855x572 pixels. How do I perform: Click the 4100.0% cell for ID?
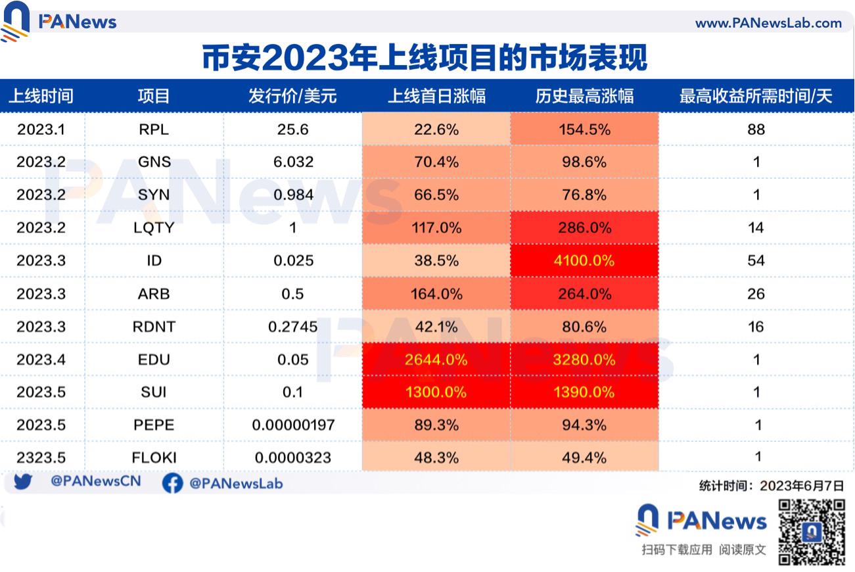click(x=584, y=261)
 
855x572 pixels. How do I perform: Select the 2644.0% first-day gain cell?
click(x=436, y=360)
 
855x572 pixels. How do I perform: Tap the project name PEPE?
click(x=154, y=425)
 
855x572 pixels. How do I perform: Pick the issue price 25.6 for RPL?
click(x=293, y=130)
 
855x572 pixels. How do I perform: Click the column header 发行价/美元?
click(x=292, y=96)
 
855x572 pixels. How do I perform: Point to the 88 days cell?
click(x=756, y=130)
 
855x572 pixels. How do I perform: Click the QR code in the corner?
click(x=811, y=532)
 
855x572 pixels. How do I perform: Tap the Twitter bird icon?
click(x=23, y=483)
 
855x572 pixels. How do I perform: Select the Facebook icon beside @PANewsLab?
click(x=172, y=483)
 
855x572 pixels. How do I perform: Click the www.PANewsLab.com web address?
click(x=768, y=23)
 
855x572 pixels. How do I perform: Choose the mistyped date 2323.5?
click(x=41, y=458)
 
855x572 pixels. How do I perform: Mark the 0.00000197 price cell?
click(x=293, y=425)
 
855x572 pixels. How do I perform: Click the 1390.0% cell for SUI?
click(x=584, y=393)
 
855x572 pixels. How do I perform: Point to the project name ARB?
click(x=154, y=294)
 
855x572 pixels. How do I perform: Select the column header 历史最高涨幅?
click(x=584, y=96)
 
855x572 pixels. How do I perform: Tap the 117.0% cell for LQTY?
click(x=436, y=228)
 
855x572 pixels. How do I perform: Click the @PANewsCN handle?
click(x=96, y=482)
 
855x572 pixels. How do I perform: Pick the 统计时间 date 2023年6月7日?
click(x=801, y=486)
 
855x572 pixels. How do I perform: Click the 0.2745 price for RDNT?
click(x=293, y=327)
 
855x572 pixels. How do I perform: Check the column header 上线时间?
click(x=41, y=96)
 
